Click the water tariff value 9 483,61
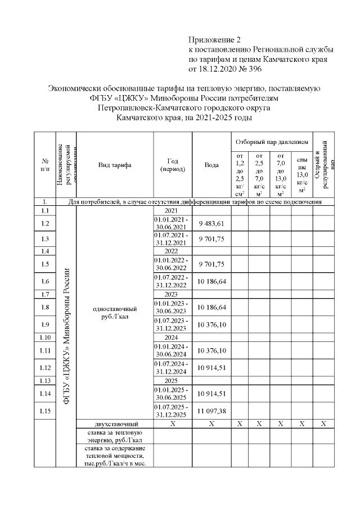[211, 223]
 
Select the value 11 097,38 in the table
[211, 411]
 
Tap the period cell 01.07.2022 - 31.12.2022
[173, 281]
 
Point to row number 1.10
[45, 338]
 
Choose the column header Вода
[211, 165]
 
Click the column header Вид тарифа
[115, 165]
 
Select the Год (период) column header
[173, 165]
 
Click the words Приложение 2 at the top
[214, 40]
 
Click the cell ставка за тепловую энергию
[115, 436]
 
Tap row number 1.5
[45, 264]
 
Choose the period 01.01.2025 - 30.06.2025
[173, 393]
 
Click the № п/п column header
[45, 165]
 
